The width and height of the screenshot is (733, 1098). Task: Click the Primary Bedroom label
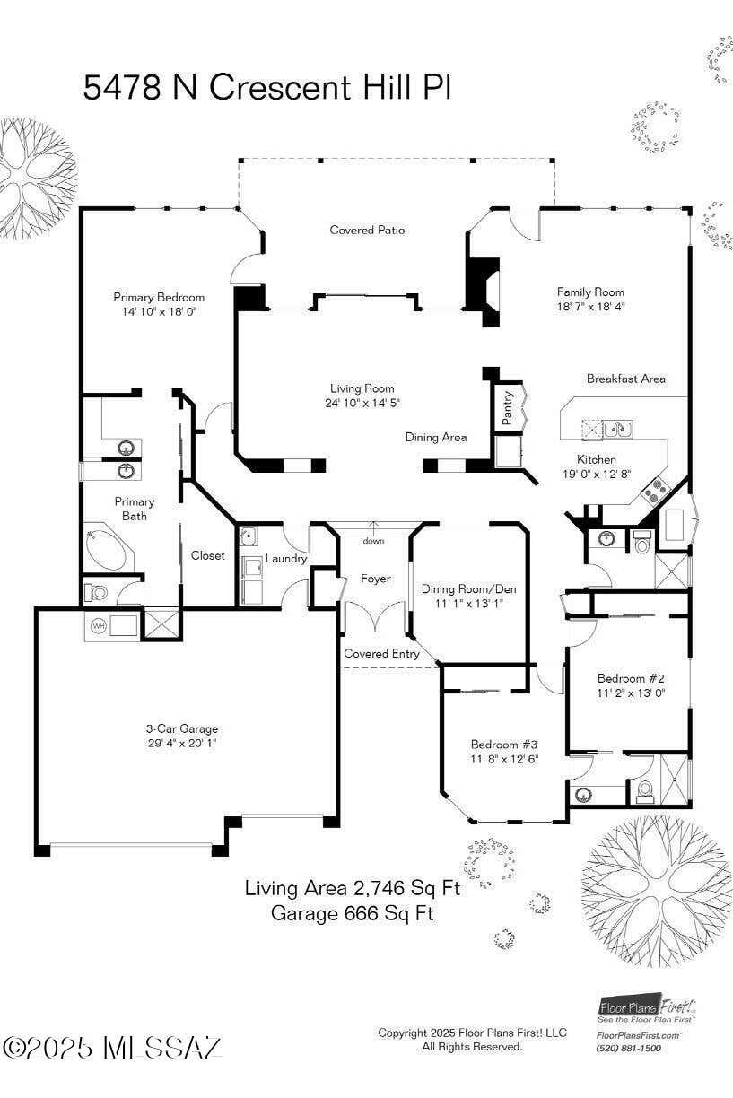(159, 297)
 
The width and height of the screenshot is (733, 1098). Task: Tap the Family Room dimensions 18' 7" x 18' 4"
(591, 307)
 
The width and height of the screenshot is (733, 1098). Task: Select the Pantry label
(508, 407)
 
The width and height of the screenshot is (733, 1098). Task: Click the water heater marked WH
(99, 626)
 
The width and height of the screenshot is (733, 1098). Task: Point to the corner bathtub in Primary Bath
(109, 550)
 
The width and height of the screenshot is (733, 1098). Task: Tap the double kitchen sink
(617, 430)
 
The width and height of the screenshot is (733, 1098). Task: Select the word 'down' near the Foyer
(373, 541)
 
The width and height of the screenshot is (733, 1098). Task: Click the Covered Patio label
(367, 230)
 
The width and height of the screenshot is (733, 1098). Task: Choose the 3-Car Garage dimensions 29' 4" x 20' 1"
(182, 743)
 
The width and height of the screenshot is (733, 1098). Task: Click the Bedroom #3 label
(504, 745)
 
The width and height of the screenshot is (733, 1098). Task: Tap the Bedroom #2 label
(631, 678)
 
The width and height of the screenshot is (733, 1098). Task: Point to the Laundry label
(286, 559)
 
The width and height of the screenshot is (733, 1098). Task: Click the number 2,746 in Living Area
(377, 888)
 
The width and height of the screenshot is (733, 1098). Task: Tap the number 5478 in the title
(122, 87)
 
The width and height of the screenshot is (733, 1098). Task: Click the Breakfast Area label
(626, 379)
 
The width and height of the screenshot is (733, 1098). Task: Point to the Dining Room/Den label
(468, 588)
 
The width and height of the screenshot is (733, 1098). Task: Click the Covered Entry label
(381, 654)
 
